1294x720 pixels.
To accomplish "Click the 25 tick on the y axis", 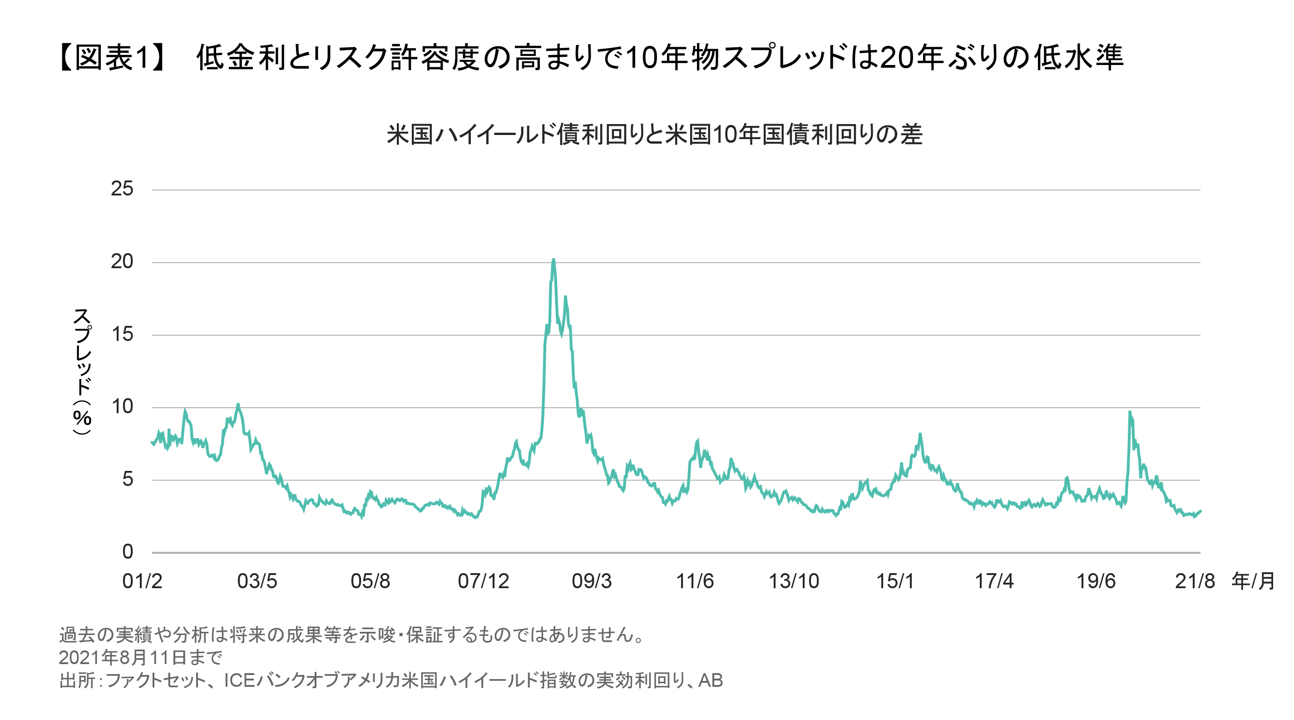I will click(122, 189).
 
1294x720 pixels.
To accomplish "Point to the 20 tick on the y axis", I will click(122, 261).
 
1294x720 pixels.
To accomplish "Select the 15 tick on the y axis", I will click(122, 335).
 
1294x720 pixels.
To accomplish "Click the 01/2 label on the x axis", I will click(142, 582).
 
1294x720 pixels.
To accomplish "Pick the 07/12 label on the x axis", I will click(483, 582).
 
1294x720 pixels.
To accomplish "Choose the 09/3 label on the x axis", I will click(592, 582).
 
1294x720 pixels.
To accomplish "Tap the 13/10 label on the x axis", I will click(794, 582).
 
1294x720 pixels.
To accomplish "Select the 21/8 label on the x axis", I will click(1195, 582).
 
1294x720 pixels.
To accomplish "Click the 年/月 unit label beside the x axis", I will click(1253, 582).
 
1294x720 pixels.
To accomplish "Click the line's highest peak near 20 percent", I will click(553, 260).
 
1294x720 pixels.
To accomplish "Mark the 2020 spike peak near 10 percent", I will click(1130, 413).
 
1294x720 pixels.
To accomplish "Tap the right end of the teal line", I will click(1200, 511).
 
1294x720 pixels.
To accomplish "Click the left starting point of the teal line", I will click(152, 442).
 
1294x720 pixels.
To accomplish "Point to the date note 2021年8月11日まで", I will click(141, 657).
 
